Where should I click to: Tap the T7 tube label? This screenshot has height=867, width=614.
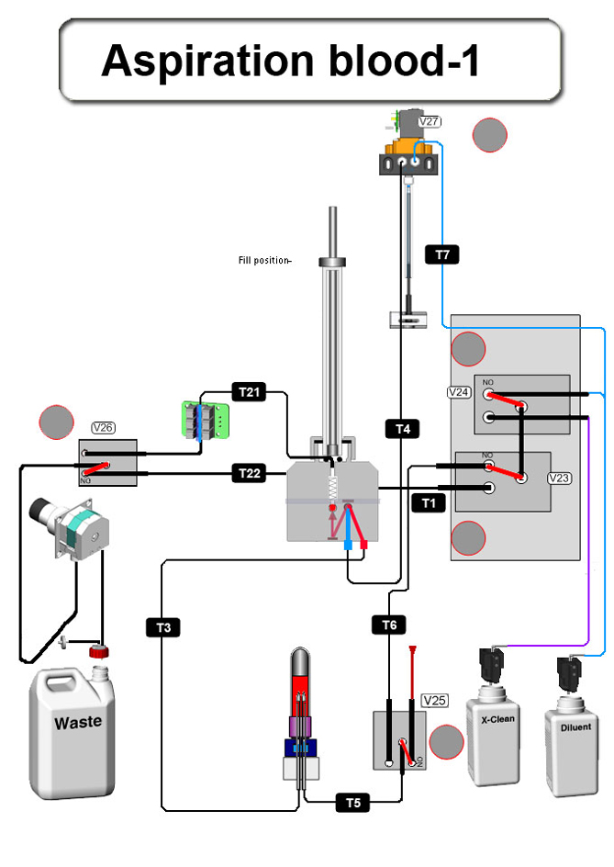441,253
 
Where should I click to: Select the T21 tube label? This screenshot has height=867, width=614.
249,392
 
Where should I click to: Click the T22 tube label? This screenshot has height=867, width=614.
249,473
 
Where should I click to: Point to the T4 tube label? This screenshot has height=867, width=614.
403,428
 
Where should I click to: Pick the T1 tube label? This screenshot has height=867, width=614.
428,502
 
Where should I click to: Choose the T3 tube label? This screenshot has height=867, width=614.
162,628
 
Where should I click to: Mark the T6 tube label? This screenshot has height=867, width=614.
389,625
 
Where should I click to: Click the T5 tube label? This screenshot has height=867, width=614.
352,803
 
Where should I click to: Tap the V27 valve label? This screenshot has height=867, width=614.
429,120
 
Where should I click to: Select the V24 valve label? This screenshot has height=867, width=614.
459,392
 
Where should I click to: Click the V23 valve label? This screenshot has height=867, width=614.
559,479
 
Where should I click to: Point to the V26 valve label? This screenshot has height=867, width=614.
103,427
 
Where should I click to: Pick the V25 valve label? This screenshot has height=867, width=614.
434,701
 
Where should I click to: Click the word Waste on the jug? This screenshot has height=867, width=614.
78,723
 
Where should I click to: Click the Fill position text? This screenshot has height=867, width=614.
264,261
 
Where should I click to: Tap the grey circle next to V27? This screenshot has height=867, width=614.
489,135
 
